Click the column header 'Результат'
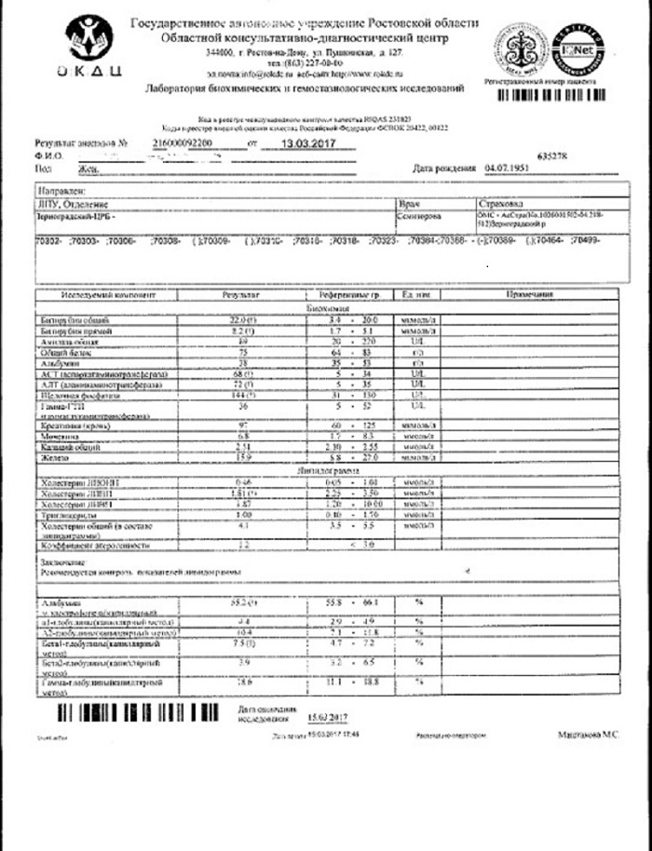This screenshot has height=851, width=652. (241, 294)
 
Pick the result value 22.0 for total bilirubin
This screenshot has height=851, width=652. (242, 320)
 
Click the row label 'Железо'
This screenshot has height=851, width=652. (56, 458)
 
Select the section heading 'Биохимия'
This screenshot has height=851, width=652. (326, 307)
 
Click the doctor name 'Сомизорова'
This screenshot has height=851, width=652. (420, 214)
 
